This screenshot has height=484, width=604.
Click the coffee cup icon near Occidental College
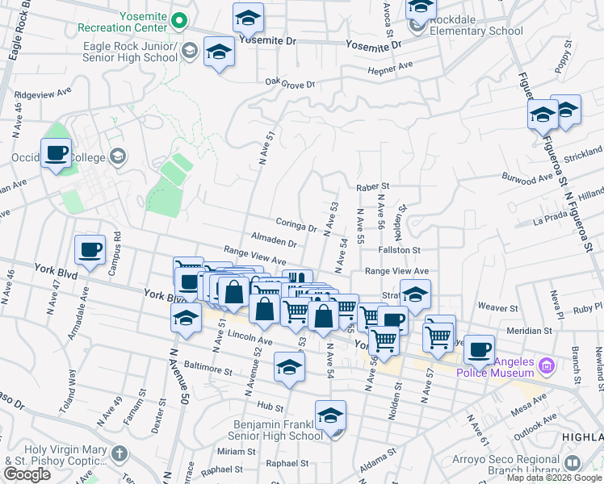coord(56,154)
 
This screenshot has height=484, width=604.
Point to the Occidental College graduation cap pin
coord(119,156)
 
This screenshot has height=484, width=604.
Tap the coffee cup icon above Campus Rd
coord(90,249)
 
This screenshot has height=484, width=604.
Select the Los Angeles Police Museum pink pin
coord(547,365)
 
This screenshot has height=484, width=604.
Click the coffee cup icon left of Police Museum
coord(479,349)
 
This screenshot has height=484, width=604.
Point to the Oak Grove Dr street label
coord(289,82)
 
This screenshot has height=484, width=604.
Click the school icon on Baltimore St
coord(289,367)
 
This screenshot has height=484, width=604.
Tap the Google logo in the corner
coord(27,474)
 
